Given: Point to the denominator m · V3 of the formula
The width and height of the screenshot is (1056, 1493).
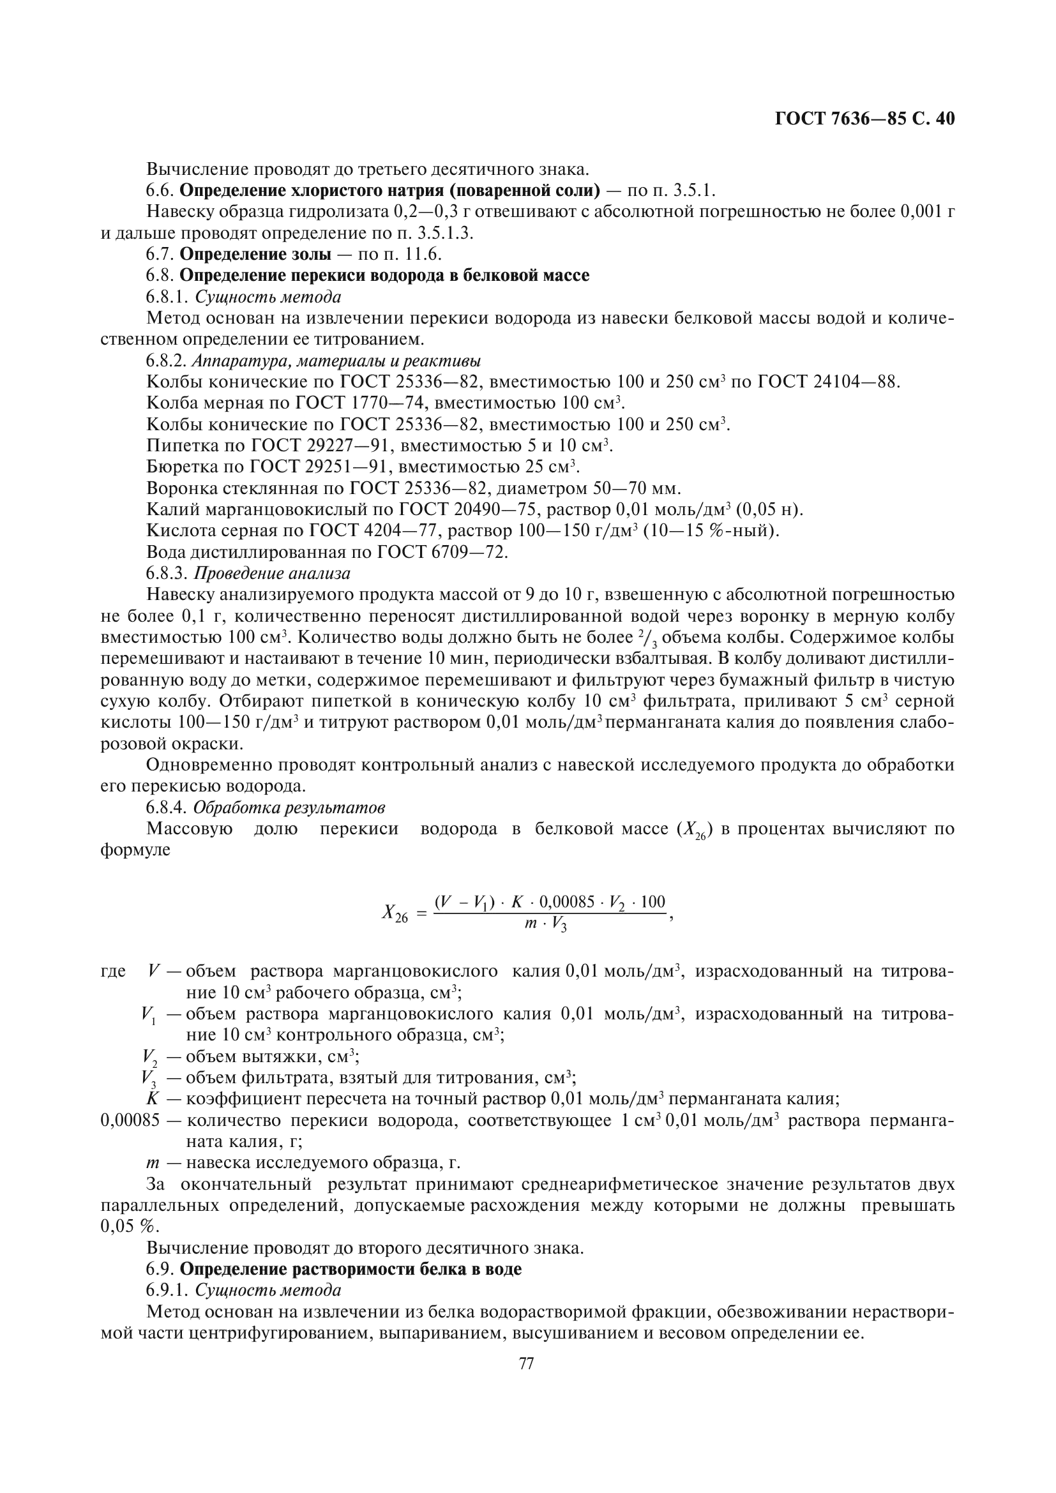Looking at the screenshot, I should pos(545,925).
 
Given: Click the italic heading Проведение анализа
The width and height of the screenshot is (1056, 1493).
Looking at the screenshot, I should pos(273,574).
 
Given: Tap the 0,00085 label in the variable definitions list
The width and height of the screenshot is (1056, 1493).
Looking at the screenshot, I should pos(130,1120).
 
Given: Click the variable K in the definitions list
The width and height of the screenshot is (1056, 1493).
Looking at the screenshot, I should pos(153,1099).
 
